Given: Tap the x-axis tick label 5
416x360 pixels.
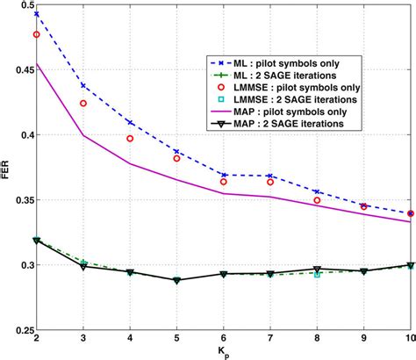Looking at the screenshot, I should (176, 342).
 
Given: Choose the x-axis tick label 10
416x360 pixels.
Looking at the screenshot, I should (408, 342).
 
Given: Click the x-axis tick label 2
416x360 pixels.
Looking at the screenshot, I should (37, 342).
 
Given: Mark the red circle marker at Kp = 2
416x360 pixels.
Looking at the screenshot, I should (37, 35).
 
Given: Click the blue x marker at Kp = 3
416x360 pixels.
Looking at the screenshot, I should (83, 85).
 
